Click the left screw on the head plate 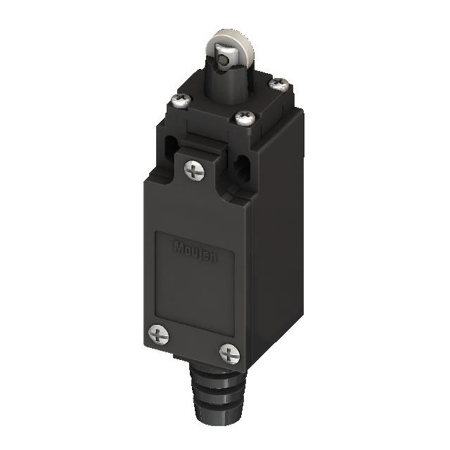[x=180, y=102]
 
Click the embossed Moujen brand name [x=195, y=252]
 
